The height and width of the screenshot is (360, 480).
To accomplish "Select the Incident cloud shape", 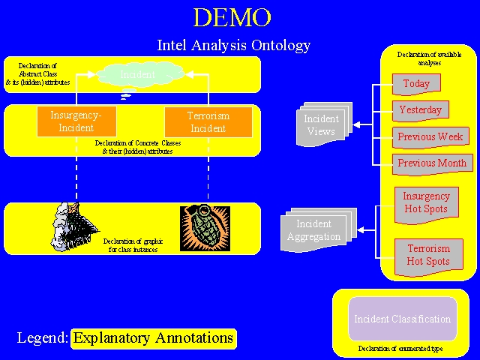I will (x=139, y=74).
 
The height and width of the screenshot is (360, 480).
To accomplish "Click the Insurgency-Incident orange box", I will (x=76, y=121).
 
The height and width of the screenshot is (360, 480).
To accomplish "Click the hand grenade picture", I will (x=205, y=228).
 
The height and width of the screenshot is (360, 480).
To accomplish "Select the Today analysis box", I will (x=416, y=83).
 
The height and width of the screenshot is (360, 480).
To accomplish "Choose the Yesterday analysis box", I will (x=420, y=110).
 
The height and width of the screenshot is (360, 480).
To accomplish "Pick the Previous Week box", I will (x=430, y=137).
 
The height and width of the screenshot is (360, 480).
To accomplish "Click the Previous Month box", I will (x=432, y=163).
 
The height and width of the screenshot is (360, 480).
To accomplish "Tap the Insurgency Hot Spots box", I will (x=426, y=203).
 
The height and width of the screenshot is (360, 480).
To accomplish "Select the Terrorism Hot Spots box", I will (x=428, y=255).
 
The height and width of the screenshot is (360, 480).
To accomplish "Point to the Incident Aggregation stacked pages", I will (x=313, y=229).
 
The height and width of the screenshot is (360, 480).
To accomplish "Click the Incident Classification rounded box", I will (x=403, y=319).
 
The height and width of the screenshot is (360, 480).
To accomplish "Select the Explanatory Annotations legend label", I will (x=154, y=338).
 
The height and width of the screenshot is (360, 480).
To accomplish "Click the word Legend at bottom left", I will (x=43, y=338).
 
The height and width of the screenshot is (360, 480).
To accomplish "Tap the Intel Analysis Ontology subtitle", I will (x=233, y=45).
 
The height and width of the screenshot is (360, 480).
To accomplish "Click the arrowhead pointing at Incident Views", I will (x=357, y=124).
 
